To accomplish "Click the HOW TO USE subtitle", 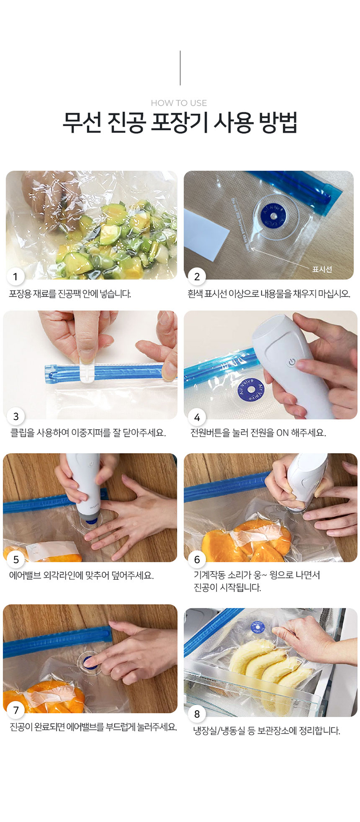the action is coord(179,103).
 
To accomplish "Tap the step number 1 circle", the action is coord(15,276).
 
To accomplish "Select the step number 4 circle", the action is coord(197,417).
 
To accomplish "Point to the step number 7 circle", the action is coord(16,710).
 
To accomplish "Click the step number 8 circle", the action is coord(197,714).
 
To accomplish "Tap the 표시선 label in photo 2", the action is coord(322,269).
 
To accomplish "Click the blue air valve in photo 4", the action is coord(251,389).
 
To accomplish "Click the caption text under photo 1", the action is coord(70,294).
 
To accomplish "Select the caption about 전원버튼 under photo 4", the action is coord(258,433).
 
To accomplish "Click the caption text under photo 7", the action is coord(94,727).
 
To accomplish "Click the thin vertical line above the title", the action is coord(180,68).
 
